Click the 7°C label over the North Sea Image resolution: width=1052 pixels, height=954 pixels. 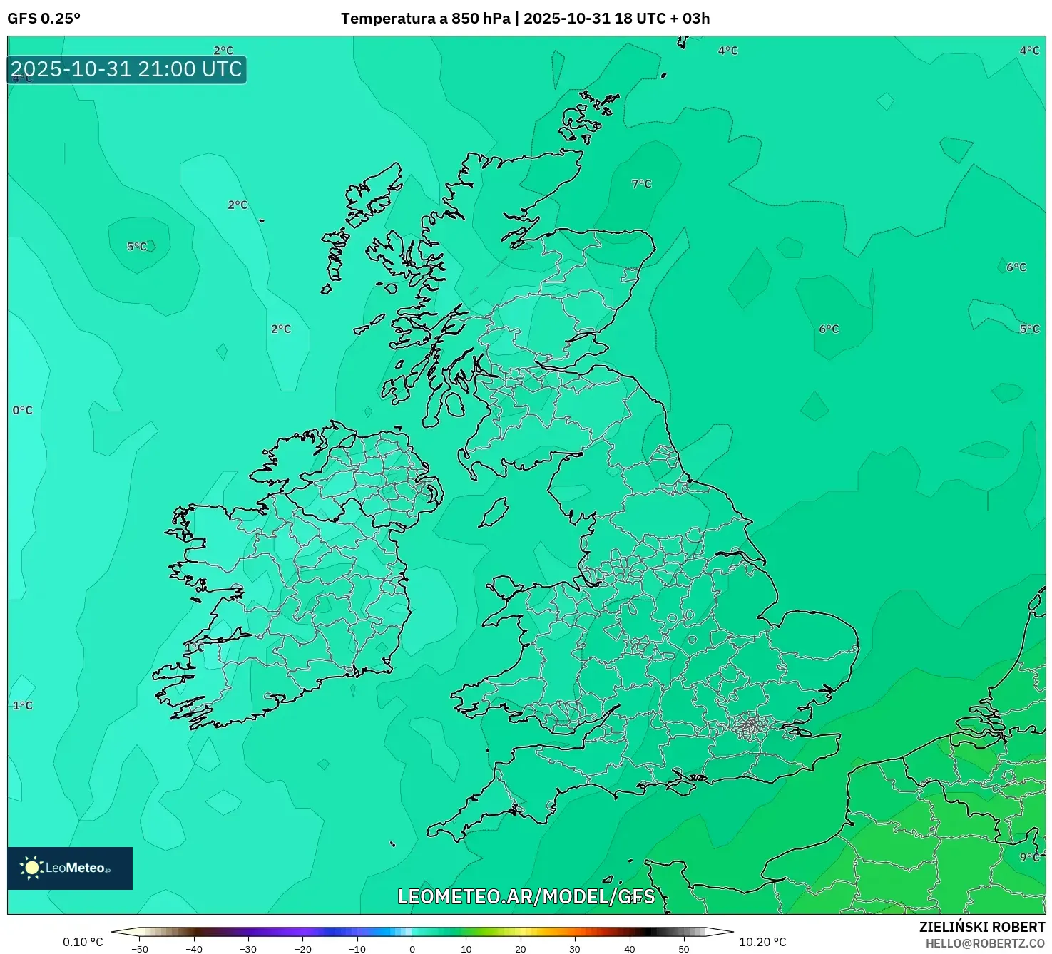[641, 184]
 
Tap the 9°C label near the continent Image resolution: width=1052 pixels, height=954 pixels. [1029, 857]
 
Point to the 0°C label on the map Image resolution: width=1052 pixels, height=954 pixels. [23, 410]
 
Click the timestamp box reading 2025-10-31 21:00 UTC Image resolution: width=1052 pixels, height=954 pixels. [127, 70]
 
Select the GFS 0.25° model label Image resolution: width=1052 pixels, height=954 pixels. [44, 19]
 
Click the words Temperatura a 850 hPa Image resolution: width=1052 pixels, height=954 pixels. [425, 19]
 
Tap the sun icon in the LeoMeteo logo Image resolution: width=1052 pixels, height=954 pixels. [31, 867]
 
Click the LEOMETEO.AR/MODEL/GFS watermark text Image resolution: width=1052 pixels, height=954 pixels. [526, 896]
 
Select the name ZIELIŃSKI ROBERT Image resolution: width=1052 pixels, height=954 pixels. [981, 927]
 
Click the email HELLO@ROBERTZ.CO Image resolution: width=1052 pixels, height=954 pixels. [985, 943]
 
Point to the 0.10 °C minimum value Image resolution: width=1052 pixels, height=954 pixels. [83, 942]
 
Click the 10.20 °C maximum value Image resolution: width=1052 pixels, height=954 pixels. [762, 942]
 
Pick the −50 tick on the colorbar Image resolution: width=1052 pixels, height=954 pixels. [140, 949]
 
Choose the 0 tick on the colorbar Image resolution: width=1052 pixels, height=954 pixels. [412, 949]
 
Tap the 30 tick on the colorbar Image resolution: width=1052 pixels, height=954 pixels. [575, 949]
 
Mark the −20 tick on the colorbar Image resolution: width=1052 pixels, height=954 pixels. [302, 949]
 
